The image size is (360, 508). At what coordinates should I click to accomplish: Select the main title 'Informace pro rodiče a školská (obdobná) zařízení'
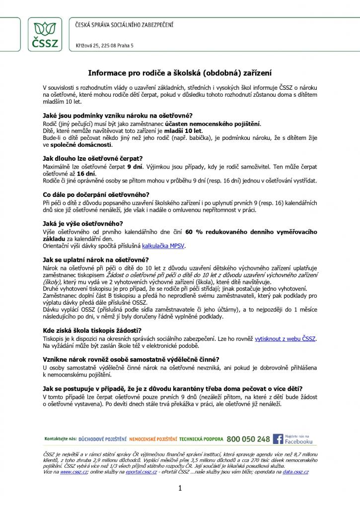180,72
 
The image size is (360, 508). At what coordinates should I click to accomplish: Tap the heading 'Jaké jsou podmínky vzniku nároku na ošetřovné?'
118,116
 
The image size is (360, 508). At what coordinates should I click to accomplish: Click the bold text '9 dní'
135,167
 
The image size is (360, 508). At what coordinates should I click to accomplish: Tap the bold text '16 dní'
85,174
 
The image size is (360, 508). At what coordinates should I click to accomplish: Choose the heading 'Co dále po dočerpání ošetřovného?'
96,195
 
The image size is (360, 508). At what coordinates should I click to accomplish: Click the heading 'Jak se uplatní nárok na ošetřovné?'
96,260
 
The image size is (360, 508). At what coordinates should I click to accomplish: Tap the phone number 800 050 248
248,439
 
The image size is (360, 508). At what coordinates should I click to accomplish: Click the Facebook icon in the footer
278,439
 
